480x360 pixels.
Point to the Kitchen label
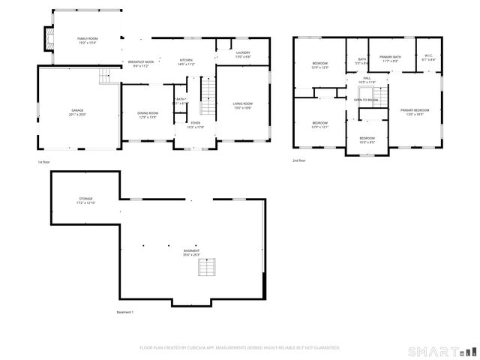(x=186, y=61)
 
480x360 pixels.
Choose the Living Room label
(x=241, y=106)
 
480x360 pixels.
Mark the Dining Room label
(x=148, y=115)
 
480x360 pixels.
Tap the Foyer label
(x=195, y=124)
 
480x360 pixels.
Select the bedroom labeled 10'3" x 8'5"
(x=367, y=139)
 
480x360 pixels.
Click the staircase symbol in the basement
(x=208, y=267)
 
